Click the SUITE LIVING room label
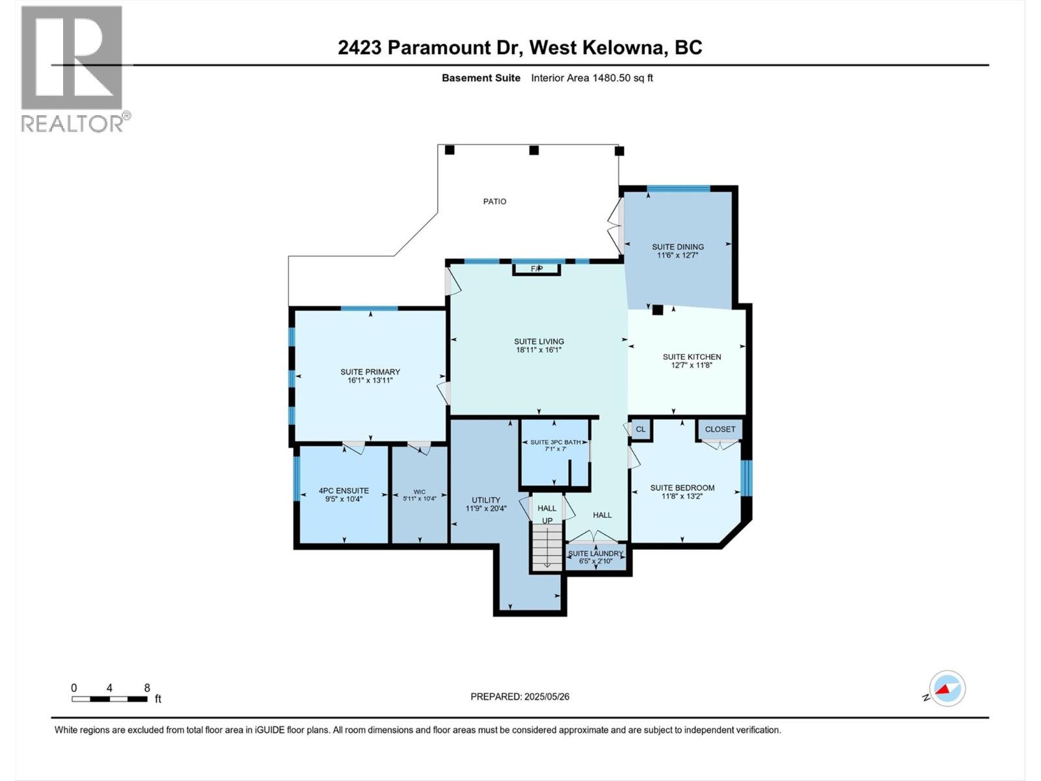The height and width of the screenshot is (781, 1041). tap(539, 341)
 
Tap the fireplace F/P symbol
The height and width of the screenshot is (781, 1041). tap(536, 268)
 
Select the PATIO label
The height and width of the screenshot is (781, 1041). tap(494, 201)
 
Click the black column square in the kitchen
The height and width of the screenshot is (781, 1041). tap(658, 310)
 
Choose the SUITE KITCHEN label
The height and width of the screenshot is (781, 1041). tap(692, 357)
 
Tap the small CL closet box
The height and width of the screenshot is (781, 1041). tap(641, 429)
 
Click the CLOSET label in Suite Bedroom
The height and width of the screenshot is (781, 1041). tap(720, 429)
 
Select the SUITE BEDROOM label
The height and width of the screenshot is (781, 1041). tap(683, 487)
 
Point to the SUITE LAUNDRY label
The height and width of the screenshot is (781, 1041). tap(595, 553)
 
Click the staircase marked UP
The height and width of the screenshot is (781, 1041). tap(547, 547)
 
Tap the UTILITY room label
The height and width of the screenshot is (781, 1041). tap(486, 500)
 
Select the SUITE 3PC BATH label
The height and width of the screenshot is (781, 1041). tap(555, 442)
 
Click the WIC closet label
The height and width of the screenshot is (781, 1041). tap(420, 492)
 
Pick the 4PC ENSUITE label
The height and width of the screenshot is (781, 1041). tap(344, 491)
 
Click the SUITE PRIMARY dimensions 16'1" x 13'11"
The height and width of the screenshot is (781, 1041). tap(370, 381)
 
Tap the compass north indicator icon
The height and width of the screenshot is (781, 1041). tap(947, 689)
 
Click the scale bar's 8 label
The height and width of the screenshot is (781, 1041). tap(147, 688)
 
